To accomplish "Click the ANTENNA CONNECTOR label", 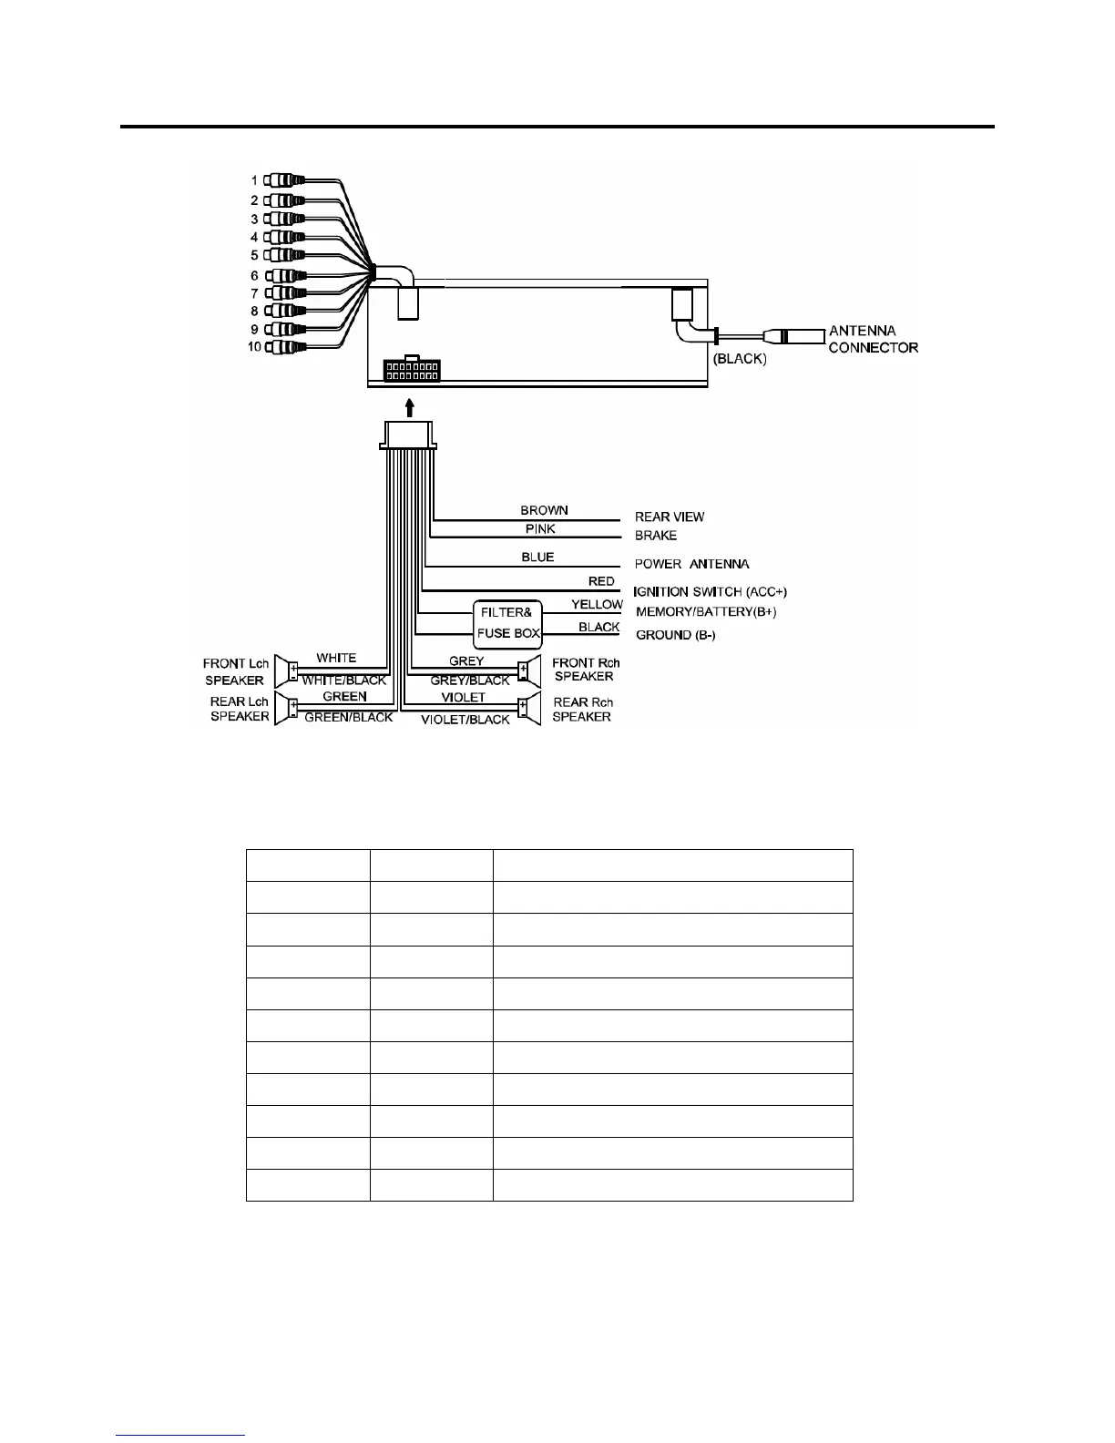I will click(x=873, y=339).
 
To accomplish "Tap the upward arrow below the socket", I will click(x=411, y=405).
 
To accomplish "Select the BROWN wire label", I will click(x=544, y=510).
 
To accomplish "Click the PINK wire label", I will click(x=540, y=529).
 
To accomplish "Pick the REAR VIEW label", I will click(x=670, y=517).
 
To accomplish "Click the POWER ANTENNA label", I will click(x=691, y=564).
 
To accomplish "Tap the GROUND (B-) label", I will click(x=675, y=635).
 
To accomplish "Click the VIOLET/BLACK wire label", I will click(x=465, y=720).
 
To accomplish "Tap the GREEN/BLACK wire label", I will click(x=348, y=717).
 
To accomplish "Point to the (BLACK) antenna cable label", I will click(x=740, y=359).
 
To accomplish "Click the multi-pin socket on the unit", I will click(x=411, y=371).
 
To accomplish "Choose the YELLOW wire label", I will click(x=597, y=604).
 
